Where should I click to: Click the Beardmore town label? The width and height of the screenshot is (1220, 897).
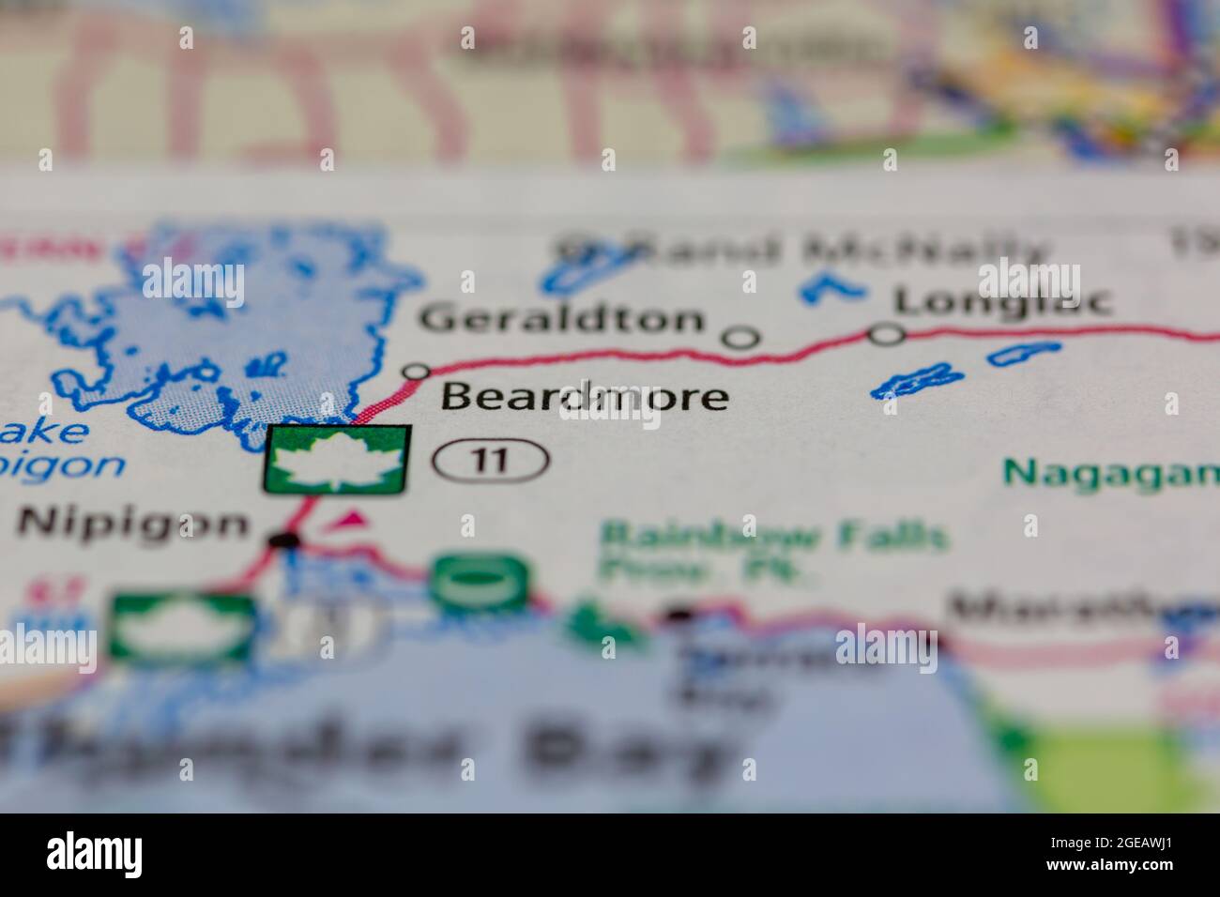tap(584, 397)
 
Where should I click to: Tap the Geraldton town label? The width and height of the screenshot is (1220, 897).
tap(561, 319)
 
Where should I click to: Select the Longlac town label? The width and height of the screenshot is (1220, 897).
tap(1002, 300)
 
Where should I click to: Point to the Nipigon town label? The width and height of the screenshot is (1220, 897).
tap(134, 524)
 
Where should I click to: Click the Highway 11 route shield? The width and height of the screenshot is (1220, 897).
tap(491, 460)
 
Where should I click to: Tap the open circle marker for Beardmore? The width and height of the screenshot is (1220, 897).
tap(415, 372)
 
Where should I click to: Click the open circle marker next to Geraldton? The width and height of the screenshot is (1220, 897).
tap(741, 337)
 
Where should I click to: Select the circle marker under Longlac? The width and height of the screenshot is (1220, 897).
tap(887, 333)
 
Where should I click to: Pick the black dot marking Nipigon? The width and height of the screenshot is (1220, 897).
tap(284, 540)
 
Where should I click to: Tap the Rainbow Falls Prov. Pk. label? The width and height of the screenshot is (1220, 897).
tap(772, 552)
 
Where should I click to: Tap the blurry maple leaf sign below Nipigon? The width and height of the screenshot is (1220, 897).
tap(182, 626)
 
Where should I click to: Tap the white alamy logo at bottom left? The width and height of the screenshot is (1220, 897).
tap(95, 853)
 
